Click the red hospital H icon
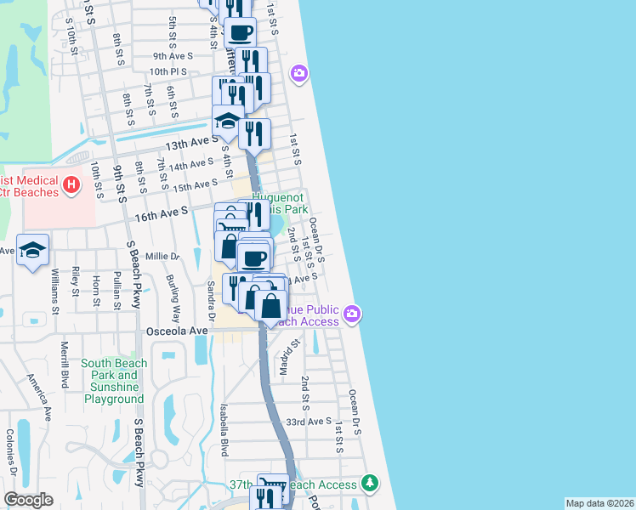(x=71, y=183)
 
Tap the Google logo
(x=29, y=500)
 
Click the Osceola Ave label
(x=177, y=330)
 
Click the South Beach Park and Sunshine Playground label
(x=113, y=381)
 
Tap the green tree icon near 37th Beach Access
(x=369, y=484)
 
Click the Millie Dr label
(x=163, y=256)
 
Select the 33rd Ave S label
(x=308, y=422)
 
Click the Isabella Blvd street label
(x=224, y=429)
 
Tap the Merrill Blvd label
(x=63, y=363)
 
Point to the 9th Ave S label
(x=168, y=55)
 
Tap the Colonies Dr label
(x=10, y=453)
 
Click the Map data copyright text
(x=599, y=503)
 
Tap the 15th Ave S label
(x=196, y=184)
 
